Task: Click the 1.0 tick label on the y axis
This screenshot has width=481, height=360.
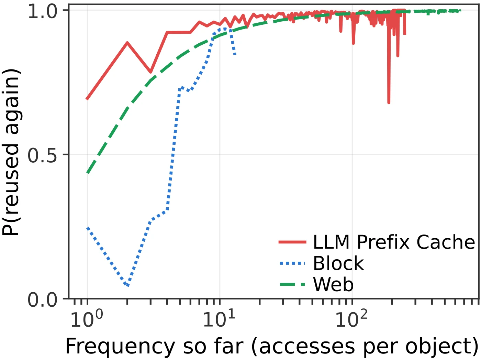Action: coord(43,11)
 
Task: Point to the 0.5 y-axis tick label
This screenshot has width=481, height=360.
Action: coord(43,155)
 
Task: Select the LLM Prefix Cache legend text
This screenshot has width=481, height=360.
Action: coord(394,242)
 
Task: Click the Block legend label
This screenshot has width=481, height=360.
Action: coord(338,263)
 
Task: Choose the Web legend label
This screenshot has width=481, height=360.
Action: coord(333,285)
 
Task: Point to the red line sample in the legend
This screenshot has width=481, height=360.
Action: coord(292,242)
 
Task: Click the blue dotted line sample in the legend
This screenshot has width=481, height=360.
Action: coord(292,263)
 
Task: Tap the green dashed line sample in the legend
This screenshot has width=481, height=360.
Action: coord(292,285)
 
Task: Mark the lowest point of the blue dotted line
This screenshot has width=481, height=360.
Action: coord(128,285)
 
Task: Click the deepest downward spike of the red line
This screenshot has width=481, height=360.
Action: coord(389,102)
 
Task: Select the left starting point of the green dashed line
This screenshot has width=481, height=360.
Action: coord(88,173)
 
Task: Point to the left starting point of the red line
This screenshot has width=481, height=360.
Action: coord(87,99)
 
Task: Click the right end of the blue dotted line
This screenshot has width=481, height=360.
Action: coord(235,54)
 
